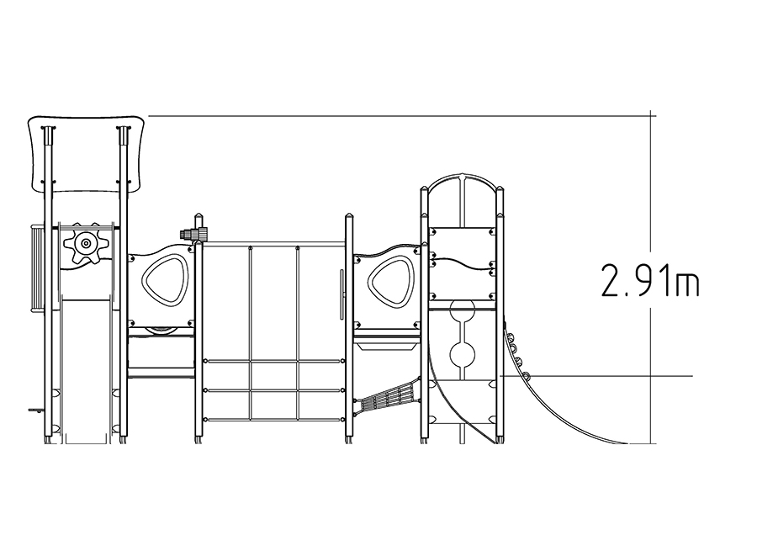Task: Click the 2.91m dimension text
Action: [650, 280]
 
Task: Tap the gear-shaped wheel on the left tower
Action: [86, 243]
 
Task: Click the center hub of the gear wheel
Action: [86, 243]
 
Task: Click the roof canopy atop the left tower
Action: [86, 153]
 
